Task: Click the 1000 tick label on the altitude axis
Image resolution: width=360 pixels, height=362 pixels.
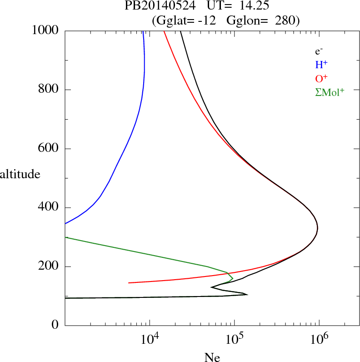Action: (x=45, y=30)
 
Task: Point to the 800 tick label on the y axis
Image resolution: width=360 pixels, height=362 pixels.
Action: (x=49, y=90)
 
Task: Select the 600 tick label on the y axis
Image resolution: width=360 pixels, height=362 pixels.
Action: (x=49, y=149)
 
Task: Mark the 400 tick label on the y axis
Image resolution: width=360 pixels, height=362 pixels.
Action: (x=49, y=208)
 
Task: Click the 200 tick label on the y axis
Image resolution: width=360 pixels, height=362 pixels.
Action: (x=49, y=266)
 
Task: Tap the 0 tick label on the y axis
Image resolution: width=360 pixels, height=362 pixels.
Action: (x=55, y=326)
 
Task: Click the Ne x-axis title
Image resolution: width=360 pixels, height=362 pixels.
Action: (x=212, y=357)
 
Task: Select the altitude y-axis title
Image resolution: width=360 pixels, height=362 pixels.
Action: (x=20, y=174)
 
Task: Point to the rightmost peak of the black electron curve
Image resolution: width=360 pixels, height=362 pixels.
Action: (x=317, y=228)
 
